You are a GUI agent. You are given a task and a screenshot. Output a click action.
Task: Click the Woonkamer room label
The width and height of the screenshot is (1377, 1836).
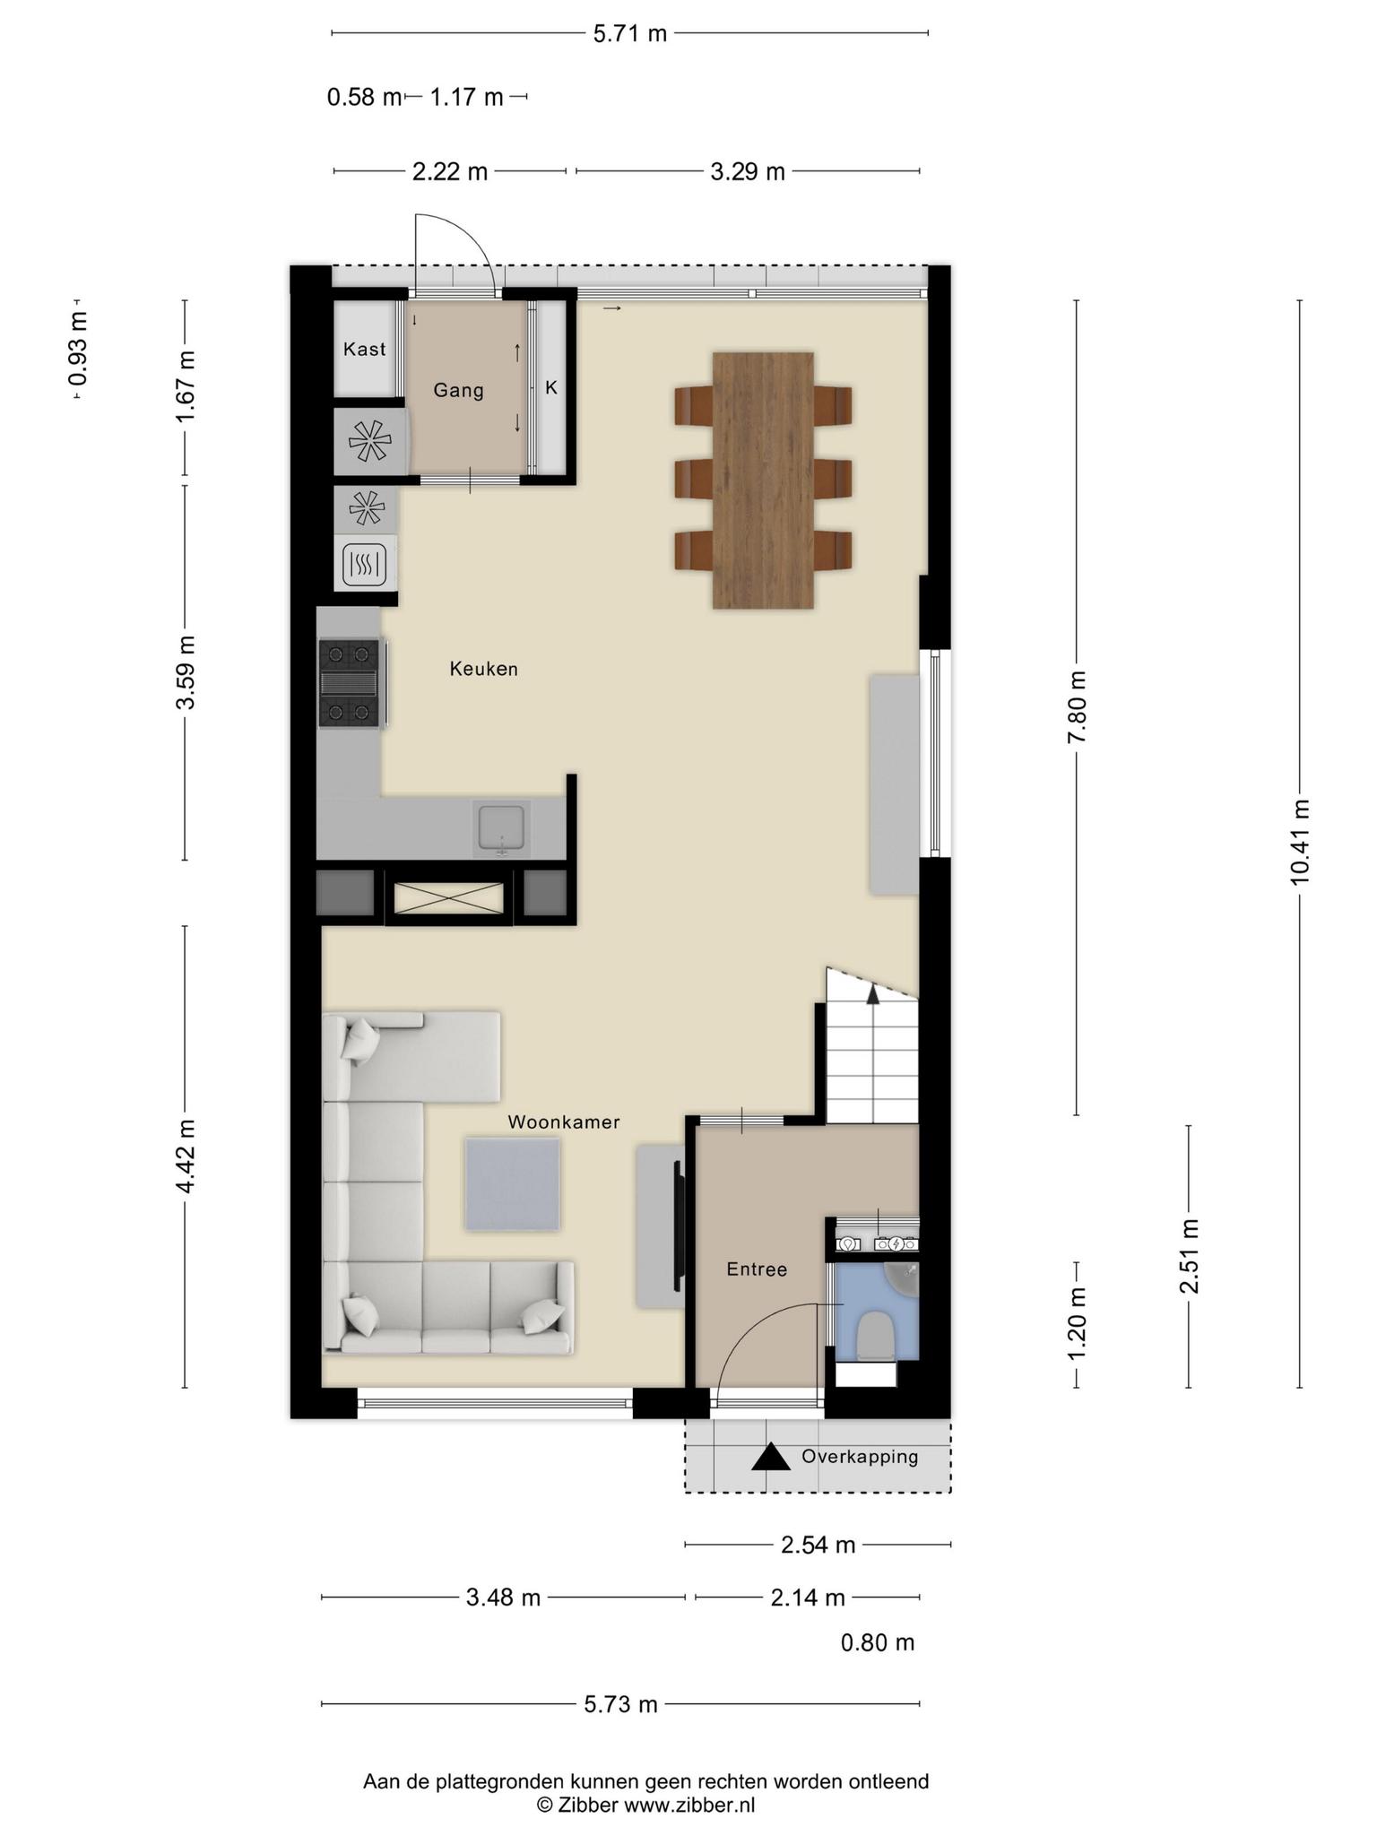(563, 1122)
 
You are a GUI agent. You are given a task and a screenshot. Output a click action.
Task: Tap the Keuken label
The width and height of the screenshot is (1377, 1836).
(484, 669)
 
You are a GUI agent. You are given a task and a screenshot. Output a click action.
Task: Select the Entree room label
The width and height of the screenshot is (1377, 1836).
(757, 1269)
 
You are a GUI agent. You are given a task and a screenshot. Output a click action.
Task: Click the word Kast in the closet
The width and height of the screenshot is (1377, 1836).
(365, 349)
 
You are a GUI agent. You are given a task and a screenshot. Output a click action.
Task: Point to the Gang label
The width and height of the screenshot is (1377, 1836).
(458, 390)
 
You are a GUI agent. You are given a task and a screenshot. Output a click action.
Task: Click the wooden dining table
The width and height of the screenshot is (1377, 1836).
(763, 481)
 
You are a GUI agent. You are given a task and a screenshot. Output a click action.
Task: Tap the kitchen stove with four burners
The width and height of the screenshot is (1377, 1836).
(351, 683)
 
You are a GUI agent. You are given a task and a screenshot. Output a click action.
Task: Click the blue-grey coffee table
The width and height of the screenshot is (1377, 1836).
(513, 1184)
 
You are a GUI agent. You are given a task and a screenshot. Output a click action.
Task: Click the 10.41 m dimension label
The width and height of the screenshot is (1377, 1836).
(1300, 842)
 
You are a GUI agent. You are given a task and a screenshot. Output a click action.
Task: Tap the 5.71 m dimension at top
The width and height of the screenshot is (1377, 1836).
(630, 34)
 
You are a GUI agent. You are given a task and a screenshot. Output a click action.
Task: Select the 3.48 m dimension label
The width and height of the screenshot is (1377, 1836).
(503, 1598)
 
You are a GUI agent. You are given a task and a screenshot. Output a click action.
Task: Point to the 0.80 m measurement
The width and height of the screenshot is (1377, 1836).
(878, 1642)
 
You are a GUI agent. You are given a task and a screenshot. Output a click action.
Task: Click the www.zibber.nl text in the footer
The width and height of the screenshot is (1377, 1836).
(689, 1806)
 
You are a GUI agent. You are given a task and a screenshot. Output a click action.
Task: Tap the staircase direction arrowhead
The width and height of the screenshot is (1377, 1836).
(872, 992)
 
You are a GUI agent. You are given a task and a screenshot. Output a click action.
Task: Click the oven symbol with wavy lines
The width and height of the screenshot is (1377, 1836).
(365, 565)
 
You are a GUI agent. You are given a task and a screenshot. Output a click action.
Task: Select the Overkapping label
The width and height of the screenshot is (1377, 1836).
(860, 1457)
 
